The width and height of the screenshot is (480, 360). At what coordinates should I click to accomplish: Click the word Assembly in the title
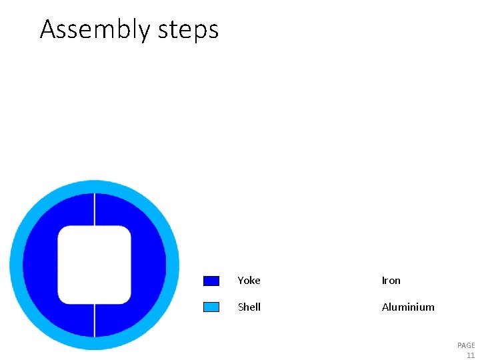(x=95, y=30)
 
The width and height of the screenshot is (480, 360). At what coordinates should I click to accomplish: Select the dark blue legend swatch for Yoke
(x=211, y=281)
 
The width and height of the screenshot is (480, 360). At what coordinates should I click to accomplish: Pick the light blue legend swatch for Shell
(x=211, y=307)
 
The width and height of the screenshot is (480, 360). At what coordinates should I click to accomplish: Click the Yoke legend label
(x=249, y=281)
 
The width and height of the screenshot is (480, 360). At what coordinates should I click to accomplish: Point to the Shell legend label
(x=249, y=307)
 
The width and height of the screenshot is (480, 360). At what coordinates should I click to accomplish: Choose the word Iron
(x=391, y=281)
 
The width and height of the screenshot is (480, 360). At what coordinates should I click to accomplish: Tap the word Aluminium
(x=407, y=307)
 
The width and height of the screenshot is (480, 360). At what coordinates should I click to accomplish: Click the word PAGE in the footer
(x=466, y=345)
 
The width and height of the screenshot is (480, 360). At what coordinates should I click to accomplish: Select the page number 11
(x=471, y=355)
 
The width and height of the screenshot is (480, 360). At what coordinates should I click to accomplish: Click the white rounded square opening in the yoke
(x=94, y=265)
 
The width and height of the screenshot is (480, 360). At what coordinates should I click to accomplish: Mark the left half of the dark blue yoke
(x=40, y=265)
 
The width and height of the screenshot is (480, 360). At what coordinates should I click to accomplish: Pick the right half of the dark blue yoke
(x=148, y=265)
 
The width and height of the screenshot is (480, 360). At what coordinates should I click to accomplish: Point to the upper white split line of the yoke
(x=95, y=209)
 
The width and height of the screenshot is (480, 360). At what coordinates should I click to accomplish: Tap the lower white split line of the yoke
(x=95, y=320)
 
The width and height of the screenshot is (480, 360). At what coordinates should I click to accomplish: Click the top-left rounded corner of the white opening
(x=63, y=231)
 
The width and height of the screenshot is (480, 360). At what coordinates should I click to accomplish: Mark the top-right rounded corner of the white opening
(x=126, y=231)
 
